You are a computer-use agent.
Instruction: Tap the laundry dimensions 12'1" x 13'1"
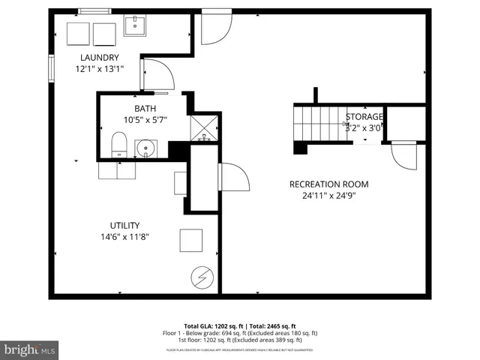coord(99,69)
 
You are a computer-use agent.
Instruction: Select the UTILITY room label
coord(124,225)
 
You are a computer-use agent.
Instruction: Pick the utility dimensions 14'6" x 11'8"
coord(124,236)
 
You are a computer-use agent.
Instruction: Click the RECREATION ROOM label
coord(329,184)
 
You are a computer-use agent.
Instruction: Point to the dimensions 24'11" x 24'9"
coord(329,196)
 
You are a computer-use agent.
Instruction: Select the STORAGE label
coord(364,117)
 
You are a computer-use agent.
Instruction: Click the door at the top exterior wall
coord(214,28)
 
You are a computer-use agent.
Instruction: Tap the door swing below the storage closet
coord(403,154)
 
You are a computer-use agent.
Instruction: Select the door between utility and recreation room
coord(232,178)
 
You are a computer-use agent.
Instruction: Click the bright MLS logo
coord(29,349)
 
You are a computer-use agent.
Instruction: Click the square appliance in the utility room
coord(190,241)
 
